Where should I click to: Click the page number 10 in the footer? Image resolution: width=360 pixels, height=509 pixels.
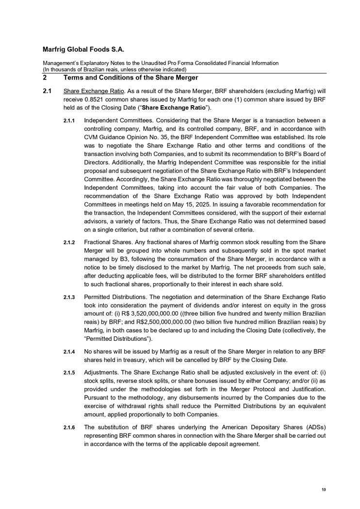click(x=324, y=491)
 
